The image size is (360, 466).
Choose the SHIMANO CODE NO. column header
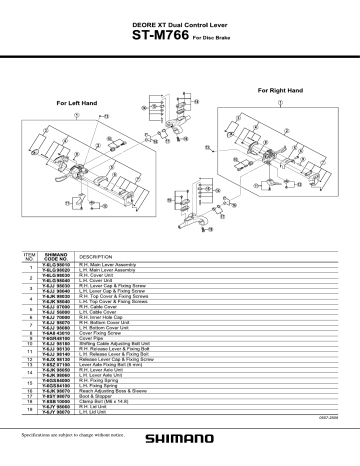click(54, 258)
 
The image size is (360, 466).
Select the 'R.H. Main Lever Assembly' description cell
click(98, 266)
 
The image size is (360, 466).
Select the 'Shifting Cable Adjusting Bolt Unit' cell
click(104, 344)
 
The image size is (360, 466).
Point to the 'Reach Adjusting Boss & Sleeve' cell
click(103, 392)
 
